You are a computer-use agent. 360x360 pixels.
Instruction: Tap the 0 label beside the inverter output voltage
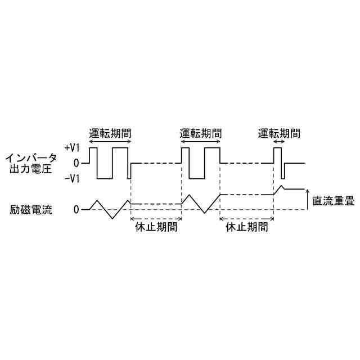point(77,163)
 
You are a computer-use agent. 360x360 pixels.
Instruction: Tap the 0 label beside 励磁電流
point(77,210)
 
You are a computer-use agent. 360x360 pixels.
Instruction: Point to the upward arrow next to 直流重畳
point(307,200)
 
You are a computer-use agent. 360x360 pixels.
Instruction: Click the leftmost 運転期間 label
point(110,134)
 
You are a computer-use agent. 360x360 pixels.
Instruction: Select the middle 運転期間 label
point(200,134)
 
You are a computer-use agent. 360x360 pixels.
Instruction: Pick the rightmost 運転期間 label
point(278,134)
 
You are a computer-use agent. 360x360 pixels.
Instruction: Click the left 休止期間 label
point(156,228)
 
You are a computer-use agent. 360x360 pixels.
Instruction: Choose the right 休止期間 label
point(246,228)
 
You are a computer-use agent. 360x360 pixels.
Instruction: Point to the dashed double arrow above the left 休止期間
point(156,218)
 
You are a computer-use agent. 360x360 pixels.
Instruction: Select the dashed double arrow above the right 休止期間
point(246,218)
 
